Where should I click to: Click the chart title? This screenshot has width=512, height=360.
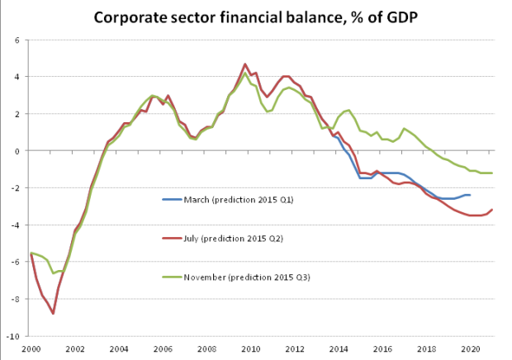256,17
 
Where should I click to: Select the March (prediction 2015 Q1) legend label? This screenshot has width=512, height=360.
239,200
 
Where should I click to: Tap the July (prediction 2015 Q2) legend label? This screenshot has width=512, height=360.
234,239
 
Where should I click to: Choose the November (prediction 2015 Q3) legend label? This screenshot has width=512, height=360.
247,277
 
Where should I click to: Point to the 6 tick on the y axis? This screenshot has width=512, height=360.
17,40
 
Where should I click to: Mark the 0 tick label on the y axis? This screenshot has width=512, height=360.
17,151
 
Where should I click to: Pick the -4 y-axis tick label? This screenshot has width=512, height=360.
16,225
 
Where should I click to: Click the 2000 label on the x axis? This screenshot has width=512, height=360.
31,349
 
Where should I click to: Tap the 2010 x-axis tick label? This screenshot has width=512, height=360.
251,349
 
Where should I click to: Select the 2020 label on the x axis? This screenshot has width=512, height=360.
471,349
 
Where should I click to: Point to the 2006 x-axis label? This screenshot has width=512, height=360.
163,349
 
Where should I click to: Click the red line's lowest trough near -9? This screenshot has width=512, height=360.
53,314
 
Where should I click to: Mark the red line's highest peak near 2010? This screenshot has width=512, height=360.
245,64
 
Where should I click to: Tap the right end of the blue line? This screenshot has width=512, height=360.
470,195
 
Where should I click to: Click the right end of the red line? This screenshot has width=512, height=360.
491,210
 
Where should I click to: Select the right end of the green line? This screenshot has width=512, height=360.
491,173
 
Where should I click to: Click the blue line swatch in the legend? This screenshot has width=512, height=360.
172,200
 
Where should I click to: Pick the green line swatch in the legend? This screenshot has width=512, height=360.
172,277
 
